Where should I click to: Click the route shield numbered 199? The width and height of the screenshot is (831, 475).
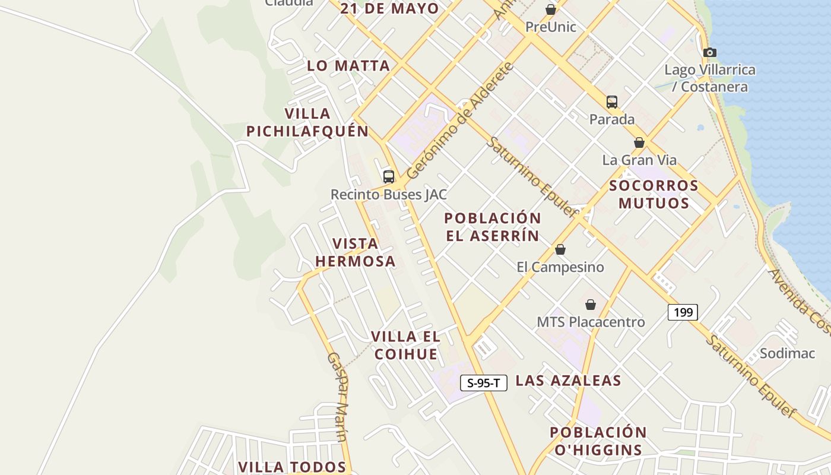click(683, 312)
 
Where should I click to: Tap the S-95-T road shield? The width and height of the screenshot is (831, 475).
click(484, 383)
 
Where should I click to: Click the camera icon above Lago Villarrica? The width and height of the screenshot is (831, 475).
click(709, 52)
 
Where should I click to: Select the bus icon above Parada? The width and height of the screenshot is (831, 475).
click(612, 102)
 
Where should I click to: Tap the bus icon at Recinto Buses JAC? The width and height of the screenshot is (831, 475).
click(389, 176)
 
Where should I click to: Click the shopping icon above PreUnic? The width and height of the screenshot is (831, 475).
click(551, 9)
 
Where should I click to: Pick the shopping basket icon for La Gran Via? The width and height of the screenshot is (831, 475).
click(639, 142)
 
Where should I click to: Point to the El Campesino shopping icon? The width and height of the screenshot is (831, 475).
click(560, 249)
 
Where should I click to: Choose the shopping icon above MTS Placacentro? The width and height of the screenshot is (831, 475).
click(591, 305)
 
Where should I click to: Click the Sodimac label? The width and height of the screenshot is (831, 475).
click(788, 353)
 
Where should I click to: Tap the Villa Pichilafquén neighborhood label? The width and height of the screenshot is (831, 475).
click(307, 122)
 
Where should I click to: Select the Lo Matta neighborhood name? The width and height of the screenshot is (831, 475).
click(348, 66)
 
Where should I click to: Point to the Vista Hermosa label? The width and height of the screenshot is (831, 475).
click(355, 252)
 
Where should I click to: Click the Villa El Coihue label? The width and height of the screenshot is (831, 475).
click(405, 345)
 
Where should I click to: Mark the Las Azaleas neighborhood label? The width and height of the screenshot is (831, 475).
click(568, 381)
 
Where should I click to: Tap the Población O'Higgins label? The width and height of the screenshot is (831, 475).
click(598, 441)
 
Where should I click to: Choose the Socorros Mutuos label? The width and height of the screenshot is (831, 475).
click(654, 194)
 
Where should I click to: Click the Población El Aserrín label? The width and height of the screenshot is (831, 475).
click(493, 227)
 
